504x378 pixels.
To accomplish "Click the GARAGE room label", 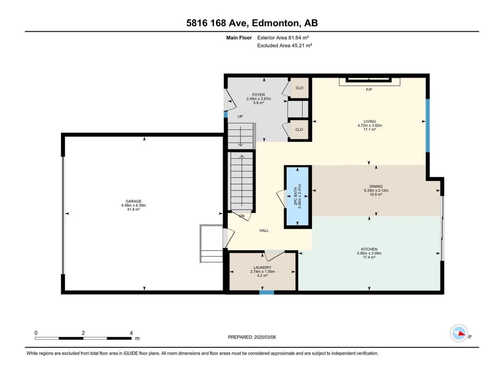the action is click(133, 201).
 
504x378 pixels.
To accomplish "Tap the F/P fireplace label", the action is click(369, 90).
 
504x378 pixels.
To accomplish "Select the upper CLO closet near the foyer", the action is click(299, 88).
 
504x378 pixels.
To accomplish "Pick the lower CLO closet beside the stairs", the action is click(299, 130).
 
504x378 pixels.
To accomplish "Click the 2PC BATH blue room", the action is click(298, 196).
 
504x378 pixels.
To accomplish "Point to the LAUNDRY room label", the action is click(262, 267).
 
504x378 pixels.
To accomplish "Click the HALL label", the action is click(264, 230).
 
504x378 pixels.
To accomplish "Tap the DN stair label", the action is click(242, 216).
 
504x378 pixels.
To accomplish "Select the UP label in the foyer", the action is click(240, 117).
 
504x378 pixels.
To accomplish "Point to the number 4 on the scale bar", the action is click(131, 333).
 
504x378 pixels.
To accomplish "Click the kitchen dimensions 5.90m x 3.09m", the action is click(369, 253).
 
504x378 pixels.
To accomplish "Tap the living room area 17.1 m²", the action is click(370, 130).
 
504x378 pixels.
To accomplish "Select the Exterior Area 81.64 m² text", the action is click(283, 38).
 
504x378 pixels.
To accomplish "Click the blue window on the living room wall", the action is click(428, 126).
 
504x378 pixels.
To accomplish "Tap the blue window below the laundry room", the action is click(267, 293).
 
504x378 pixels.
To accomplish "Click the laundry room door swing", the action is click(274, 256).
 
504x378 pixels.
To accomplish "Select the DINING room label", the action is click(376, 186).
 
